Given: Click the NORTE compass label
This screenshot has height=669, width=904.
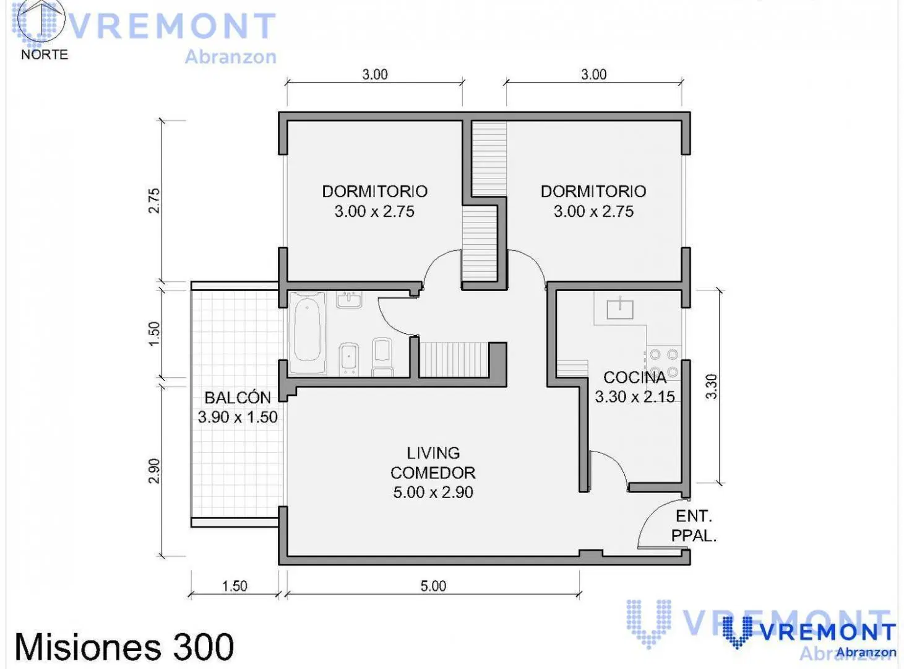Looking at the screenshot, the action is click(x=45, y=55).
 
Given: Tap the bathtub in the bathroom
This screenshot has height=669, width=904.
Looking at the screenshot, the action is click(x=308, y=333).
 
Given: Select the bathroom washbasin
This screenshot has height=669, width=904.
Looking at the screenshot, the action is click(x=349, y=300).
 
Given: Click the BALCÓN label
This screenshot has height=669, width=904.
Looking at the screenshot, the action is click(x=238, y=398).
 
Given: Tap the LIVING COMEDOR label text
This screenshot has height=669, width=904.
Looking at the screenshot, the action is click(x=433, y=463).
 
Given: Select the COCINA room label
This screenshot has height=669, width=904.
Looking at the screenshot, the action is click(x=635, y=378).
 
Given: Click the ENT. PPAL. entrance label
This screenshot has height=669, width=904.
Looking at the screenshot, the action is click(x=694, y=526).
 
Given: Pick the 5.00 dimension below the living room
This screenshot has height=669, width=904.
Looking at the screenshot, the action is click(x=433, y=586).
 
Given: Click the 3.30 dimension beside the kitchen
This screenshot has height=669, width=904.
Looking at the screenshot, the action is click(x=711, y=386).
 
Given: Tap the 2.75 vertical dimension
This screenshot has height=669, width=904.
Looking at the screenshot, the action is click(x=154, y=201).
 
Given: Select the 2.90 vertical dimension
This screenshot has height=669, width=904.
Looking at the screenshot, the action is click(x=154, y=471).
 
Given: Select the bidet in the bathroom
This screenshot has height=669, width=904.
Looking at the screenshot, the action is click(x=349, y=359).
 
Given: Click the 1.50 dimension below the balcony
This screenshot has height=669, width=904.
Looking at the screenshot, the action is click(x=235, y=586).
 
